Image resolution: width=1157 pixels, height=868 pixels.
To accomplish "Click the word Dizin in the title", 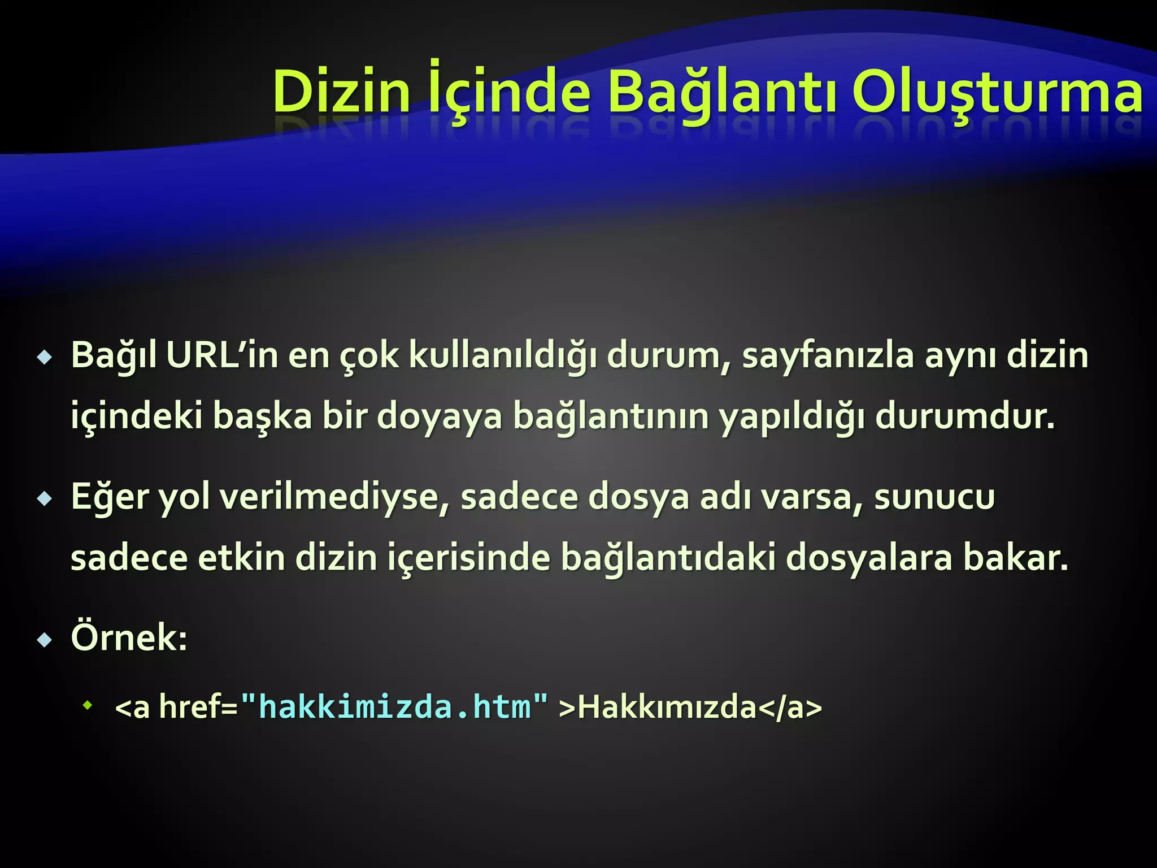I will tap(341, 92).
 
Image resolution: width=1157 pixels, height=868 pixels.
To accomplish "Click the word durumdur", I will tap(965, 416).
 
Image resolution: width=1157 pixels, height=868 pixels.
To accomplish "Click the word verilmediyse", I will tap(334, 497).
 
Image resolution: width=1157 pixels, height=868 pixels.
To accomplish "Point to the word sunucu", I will tap(934, 497).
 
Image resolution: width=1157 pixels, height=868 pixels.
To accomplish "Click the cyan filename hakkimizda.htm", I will tap(394, 707).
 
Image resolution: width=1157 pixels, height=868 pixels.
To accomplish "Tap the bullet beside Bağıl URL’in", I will tap(44, 358).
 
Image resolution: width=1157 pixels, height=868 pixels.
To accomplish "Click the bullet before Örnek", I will tap(44, 640).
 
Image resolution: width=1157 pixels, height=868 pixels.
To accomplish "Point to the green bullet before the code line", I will tap(88, 705).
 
